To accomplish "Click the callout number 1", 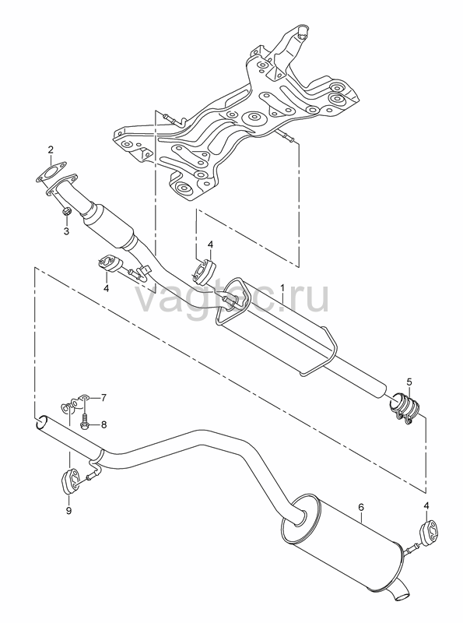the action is pos(282,287).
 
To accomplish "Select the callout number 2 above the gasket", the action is pos(51,150).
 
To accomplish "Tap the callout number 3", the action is pos(67,231).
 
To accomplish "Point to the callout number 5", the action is pos(409,382).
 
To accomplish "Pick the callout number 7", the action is pos(103,397).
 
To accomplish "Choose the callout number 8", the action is pos(103,424).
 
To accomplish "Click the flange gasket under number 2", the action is pos(51,174).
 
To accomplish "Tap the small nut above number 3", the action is pos(67,211).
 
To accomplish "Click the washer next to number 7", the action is pos(85,397).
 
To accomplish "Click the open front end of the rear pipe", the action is pos(41,424).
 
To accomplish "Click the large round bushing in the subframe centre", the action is pos(253,118).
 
